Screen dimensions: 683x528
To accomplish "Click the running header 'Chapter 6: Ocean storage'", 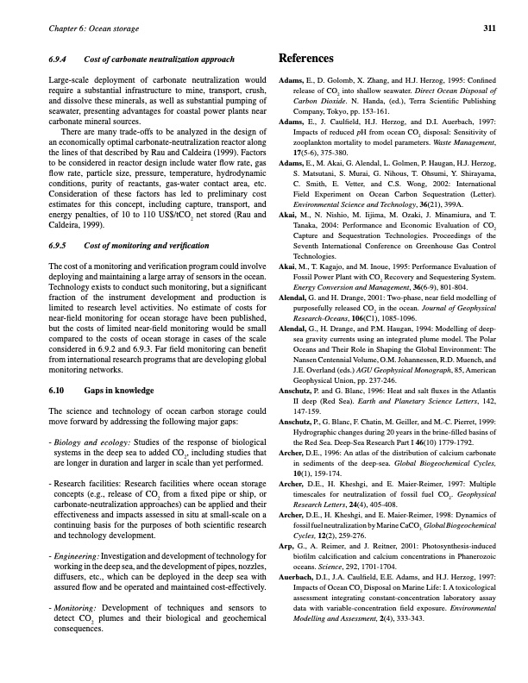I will point(82,28).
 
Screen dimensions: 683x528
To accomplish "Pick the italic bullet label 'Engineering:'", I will point(75,558).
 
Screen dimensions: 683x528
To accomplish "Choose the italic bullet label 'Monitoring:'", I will point(75,610).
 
